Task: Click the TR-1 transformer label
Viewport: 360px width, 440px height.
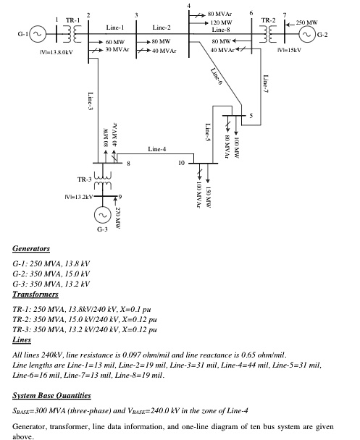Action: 72,20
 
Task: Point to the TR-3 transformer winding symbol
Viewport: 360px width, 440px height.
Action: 103,180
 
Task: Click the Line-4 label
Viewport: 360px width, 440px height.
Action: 157,149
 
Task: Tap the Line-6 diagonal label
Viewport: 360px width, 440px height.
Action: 217,76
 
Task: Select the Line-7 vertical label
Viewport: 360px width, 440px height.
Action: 265,84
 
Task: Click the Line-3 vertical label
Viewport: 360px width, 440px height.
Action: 90,101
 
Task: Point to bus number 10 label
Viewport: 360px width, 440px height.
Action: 182,163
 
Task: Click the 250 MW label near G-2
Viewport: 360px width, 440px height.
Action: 306,22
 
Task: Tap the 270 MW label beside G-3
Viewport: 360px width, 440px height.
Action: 118,218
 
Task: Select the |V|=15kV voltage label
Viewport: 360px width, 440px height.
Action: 289,50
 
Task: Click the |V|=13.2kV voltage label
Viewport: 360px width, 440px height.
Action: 79,197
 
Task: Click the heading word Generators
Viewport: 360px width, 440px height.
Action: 31,249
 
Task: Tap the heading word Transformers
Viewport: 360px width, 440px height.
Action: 35,294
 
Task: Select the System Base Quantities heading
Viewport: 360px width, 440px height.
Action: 51,395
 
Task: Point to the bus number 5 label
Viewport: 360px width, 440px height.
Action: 251,116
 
